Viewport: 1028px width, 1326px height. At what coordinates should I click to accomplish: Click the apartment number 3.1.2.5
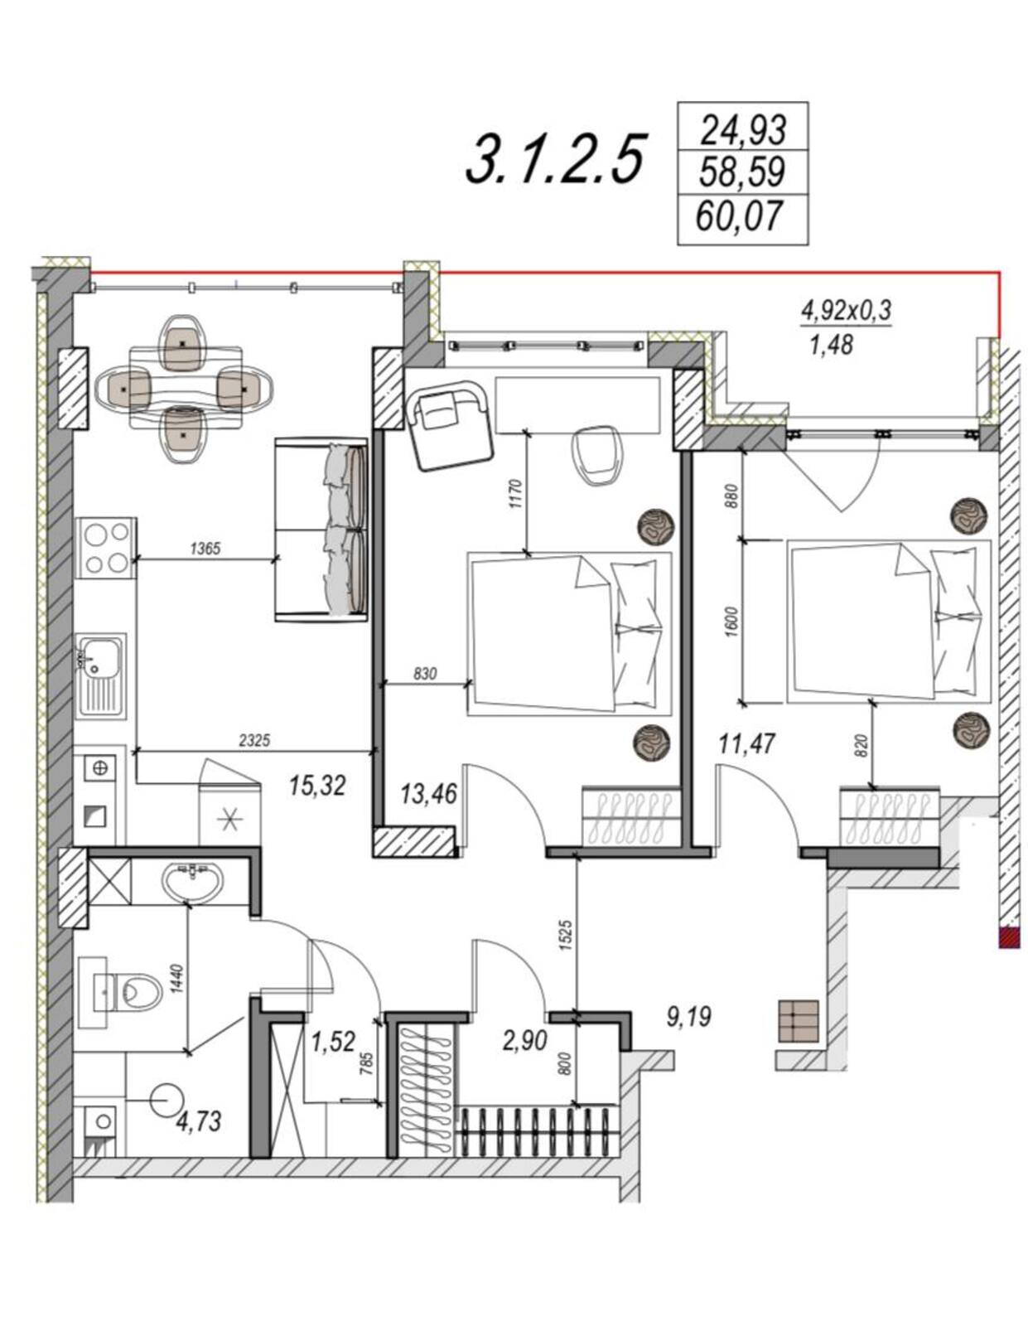[x=553, y=161]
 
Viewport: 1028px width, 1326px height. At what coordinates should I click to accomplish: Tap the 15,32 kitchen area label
[x=317, y=786]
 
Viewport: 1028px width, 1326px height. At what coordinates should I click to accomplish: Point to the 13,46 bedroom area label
[x=428, y=793]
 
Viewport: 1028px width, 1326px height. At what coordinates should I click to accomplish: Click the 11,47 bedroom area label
[x=746, y=744]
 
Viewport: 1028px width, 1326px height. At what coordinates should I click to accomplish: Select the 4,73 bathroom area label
[x=199, y=1121]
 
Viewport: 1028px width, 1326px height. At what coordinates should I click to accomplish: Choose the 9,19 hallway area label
[x=689, y=1017]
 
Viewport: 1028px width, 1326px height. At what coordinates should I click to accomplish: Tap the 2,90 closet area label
[x=524, y=1040]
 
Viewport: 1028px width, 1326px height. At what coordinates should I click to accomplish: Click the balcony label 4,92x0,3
[x=846, y=312]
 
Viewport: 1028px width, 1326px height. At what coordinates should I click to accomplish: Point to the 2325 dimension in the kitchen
[x=254, y=741]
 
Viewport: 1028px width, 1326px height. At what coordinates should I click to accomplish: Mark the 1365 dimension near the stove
[x=205, y=549]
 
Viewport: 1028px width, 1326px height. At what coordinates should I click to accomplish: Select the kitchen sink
[x=100, y=676]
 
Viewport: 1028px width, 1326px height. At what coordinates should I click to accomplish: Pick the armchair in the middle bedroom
[x=451, y=425]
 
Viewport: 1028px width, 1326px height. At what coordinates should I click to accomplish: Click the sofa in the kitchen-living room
[x=321, y=530]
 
